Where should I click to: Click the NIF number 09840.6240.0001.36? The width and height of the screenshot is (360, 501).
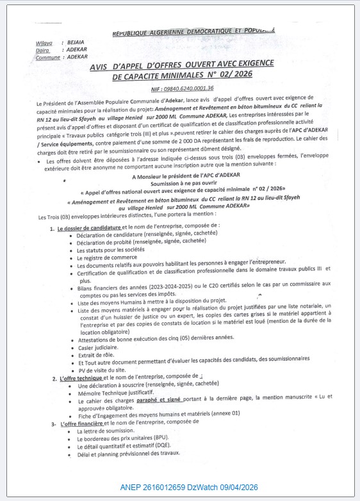coord(181,89)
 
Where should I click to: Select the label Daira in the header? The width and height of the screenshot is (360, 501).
coord(44,49)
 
